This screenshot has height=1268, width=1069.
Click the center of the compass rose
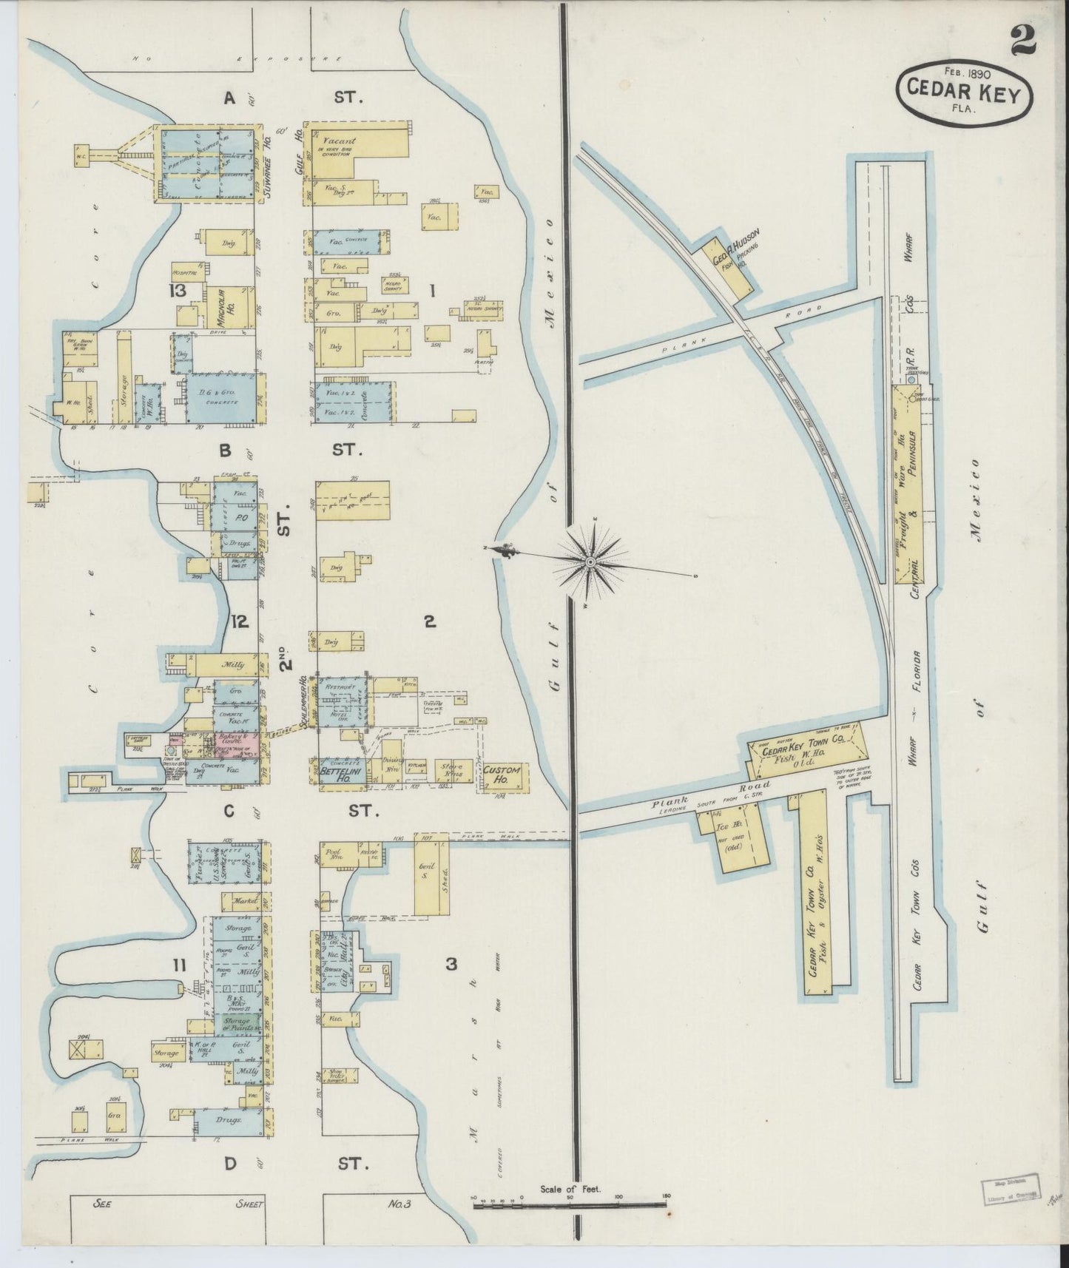coord(590,563)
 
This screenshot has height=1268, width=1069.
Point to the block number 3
coord(451,964)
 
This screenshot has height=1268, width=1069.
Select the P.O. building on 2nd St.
coord(237,519)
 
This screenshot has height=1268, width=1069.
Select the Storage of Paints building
coord(237,1024)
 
